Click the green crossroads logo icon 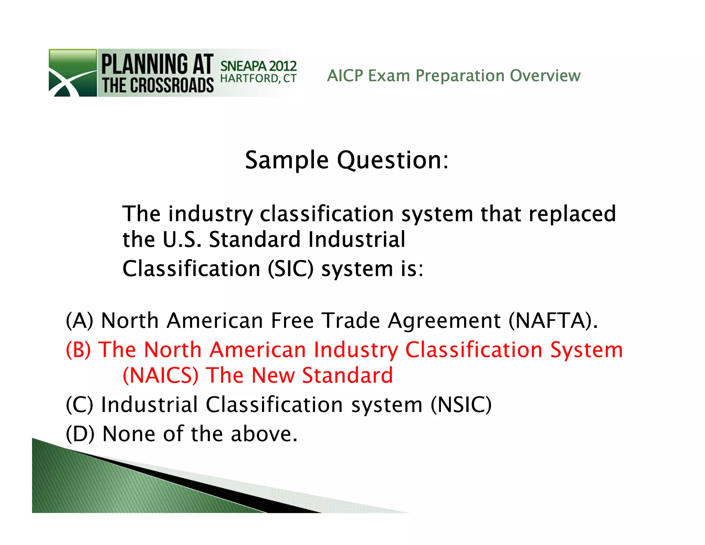click(73, 73)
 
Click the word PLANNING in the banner click(145, 64)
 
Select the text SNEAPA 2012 click(258, 66)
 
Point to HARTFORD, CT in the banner click(258, 79)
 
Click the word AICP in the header click(345, 76)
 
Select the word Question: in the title click(393, 161)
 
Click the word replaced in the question click(572, 214)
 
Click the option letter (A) click(80, 320)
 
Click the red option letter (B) click(78, 350)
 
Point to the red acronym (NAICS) click(161, 376)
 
